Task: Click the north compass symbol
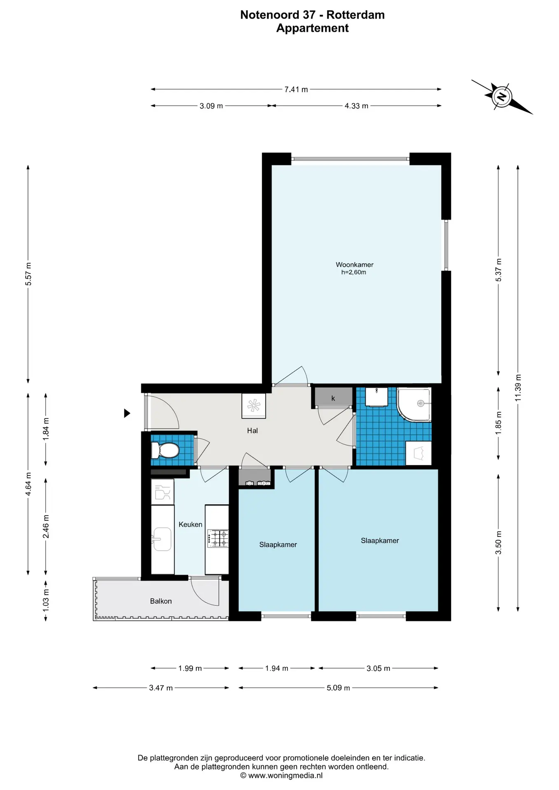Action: pos(502,97)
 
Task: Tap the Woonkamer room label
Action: pos(354,265)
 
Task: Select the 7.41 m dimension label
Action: pos(296,89)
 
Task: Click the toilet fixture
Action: pos(165,450)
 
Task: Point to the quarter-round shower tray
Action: pos(414,404)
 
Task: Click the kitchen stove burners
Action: pos(218,538)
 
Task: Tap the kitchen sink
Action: pos(162,539)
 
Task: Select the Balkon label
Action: pos(161,601)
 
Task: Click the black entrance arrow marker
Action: pos(127,413)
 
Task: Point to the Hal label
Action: pos(252,430)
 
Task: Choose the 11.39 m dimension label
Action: pos(518,388)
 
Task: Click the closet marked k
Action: pos(333,397)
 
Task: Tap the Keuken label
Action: pos(190,524)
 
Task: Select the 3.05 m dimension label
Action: pos(378,668)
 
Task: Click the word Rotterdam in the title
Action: pos(356,15)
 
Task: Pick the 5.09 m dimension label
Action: pos(338,688)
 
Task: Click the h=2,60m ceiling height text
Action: pos(354,272)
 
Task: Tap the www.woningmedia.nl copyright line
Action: pos(281,775)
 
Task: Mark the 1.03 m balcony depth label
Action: pos(46,600)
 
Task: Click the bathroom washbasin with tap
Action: pos(376,397)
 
